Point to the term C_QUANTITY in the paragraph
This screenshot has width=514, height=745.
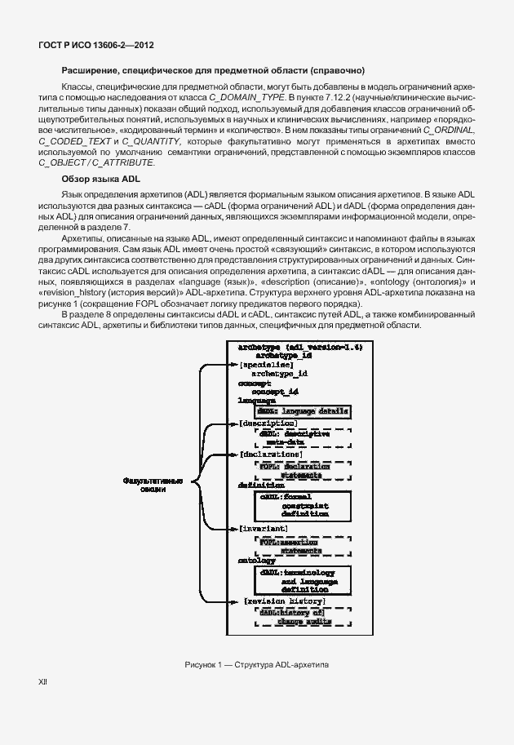pos(149,141)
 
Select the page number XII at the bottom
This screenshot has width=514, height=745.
pos(42,703)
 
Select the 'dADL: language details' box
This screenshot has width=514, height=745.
pos(304,411)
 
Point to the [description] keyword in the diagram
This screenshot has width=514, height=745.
pos(268,424)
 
